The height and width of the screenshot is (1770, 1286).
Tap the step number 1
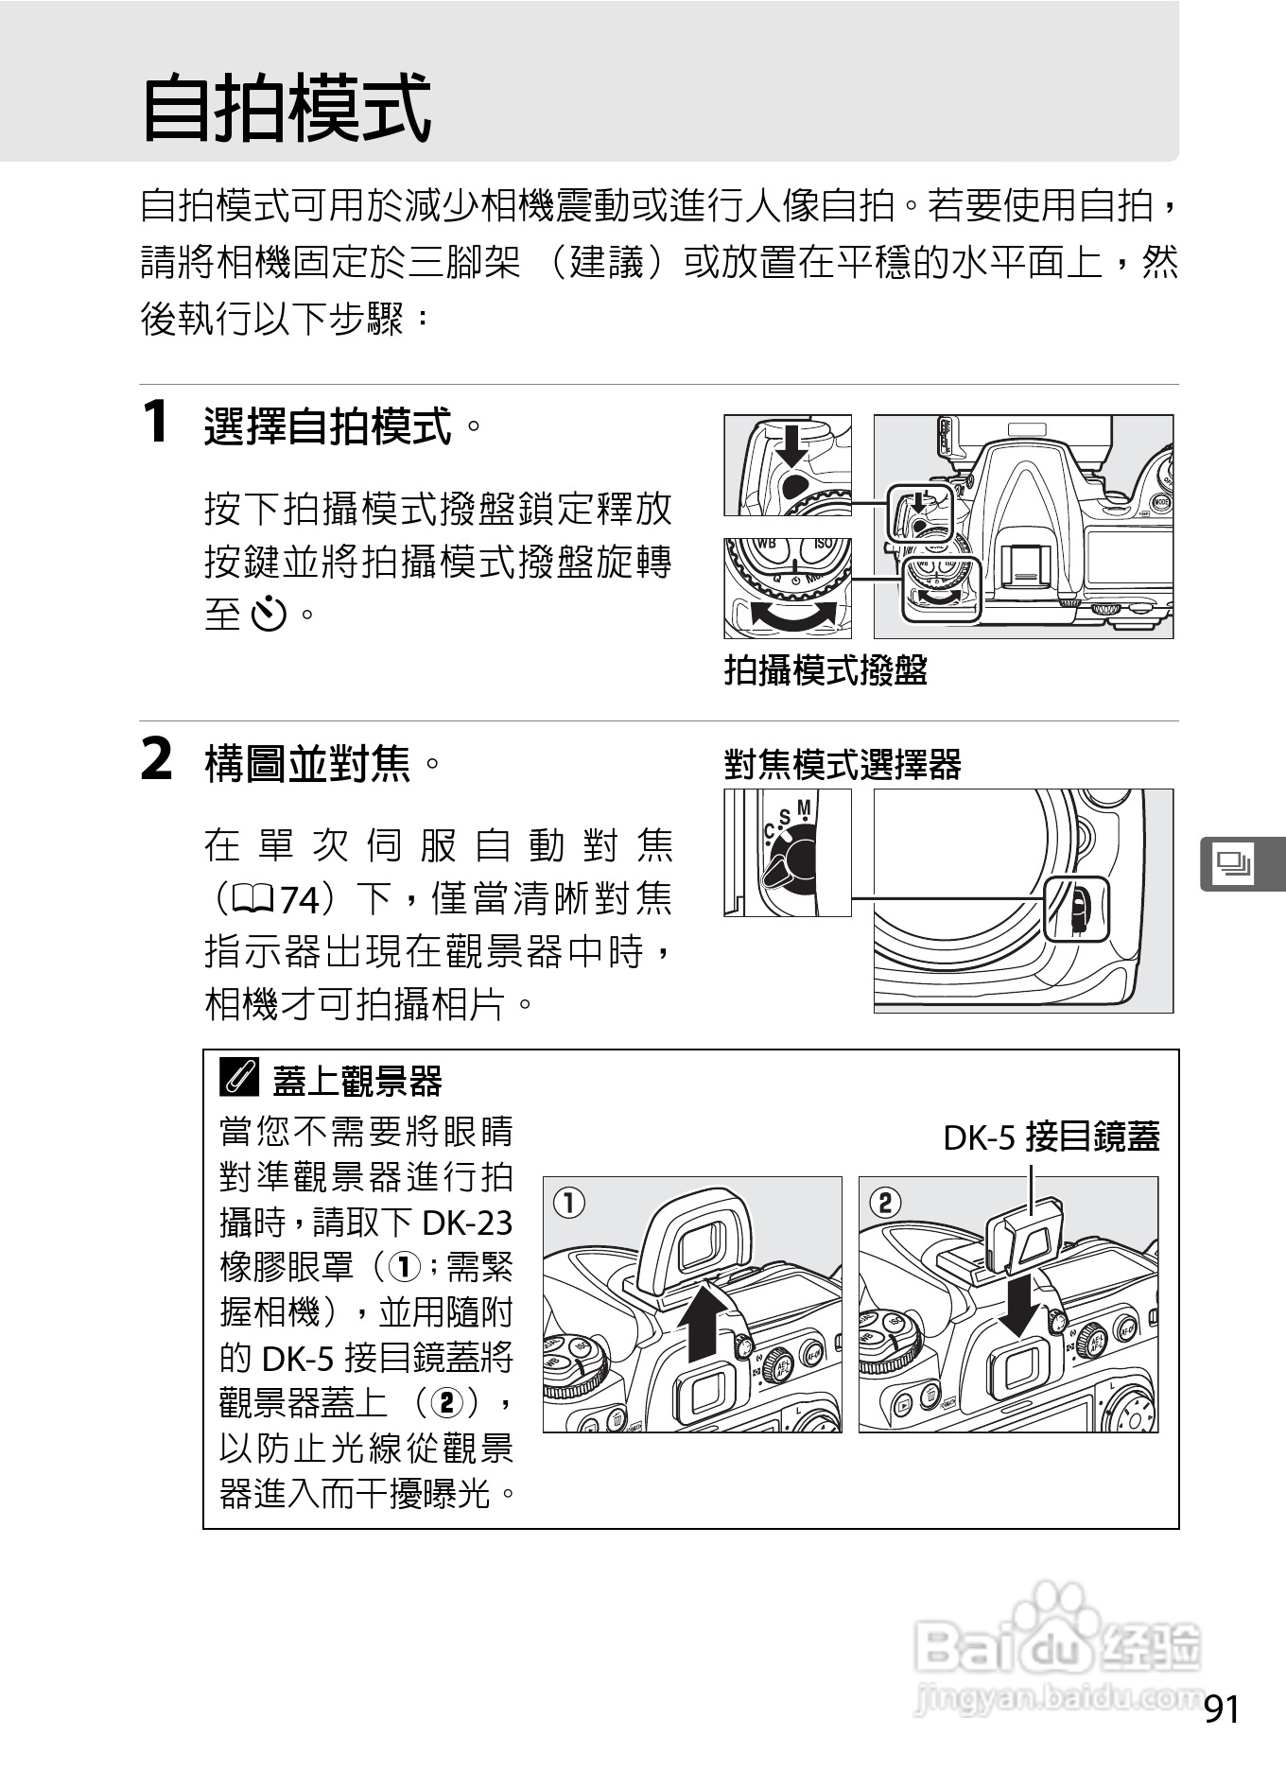click(155, 422)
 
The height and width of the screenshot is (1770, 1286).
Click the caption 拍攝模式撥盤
click(825, 670)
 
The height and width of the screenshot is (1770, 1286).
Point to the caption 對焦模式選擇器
click(843, 764)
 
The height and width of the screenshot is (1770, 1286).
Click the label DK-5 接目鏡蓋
click(1051, 1137)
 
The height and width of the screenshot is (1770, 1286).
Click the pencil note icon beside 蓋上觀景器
click(239, 1079)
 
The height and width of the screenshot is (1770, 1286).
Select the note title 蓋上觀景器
click(357, 1081)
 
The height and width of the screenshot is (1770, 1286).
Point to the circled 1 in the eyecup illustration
click(569, 1203)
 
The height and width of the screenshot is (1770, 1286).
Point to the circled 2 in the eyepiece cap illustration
click(885, 1203)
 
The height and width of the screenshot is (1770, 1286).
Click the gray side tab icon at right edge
click(1234, 863)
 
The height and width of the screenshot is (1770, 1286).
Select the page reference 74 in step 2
click(299, 899)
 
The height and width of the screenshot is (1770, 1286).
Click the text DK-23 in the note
click(467, 1223)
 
